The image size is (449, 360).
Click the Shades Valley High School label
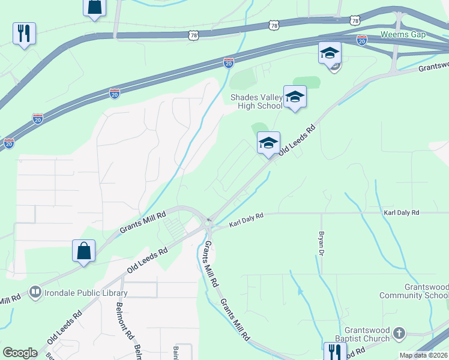(256, 101)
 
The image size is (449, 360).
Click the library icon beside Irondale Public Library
(35, 292)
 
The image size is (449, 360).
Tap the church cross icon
(400, 332)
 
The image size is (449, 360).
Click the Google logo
(20, 352)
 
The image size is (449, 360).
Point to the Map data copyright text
(424, 355)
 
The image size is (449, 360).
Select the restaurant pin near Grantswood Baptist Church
(334, 351)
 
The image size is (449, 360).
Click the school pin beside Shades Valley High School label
(295, 97)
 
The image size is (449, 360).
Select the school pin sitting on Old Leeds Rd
(268, 143)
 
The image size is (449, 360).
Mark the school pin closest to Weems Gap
(330, 53)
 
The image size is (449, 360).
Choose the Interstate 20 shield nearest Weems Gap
(361, 40)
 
